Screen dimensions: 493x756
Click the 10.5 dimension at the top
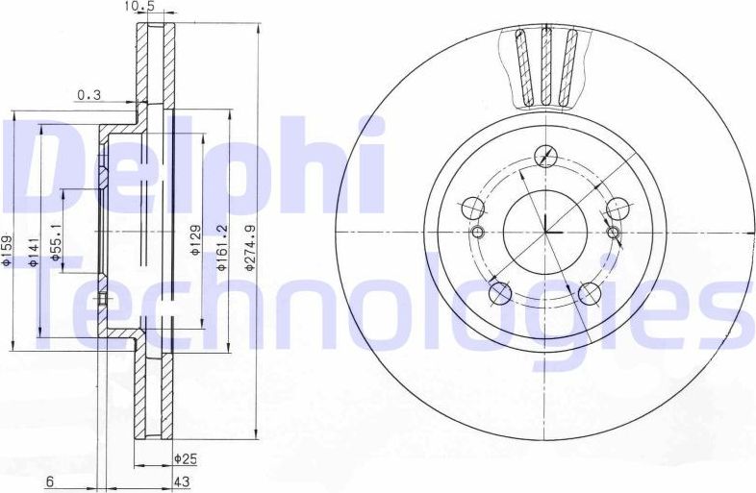tap(139, 7)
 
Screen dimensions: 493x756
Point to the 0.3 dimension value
tap(89, 94)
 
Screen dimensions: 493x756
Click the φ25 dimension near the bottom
tap(185, 457)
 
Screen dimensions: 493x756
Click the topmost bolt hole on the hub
tap(545, 155)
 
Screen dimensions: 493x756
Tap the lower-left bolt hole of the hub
tap(498, 293)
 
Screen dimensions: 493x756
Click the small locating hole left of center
tap(478, 233)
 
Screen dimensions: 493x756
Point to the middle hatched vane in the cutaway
tap(545, 67)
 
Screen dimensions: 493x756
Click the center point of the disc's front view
tap(545, 233)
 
